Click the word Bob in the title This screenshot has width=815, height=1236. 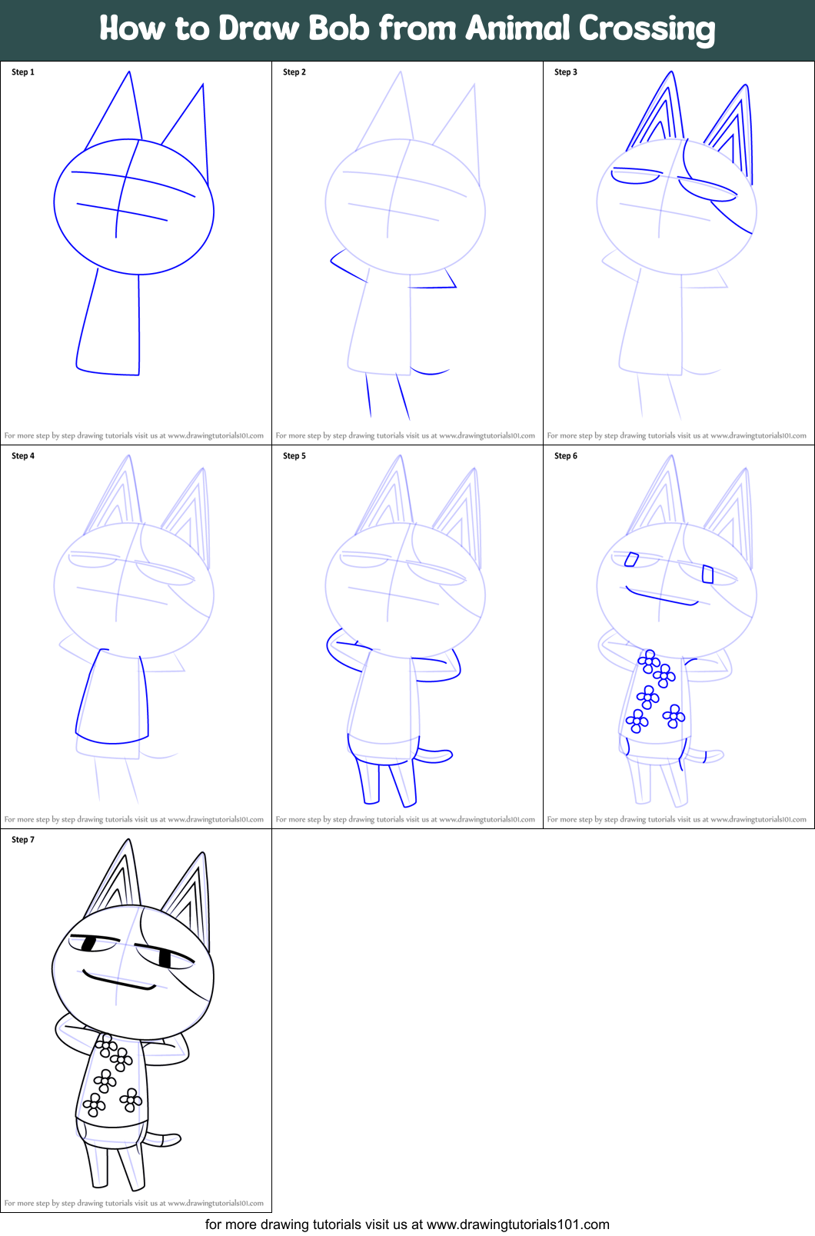(x=339, y=28)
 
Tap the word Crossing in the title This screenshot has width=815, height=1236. (x=647, y=30)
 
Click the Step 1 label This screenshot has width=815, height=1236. (x=23, y=72)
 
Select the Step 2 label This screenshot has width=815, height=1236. (x=294, y=72)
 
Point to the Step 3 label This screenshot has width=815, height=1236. (x=566, y=72)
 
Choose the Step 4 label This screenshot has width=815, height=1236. (x=23, y=456)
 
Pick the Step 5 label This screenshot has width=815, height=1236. (x=294, y=456)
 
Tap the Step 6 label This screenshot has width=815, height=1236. (x=566, y=456)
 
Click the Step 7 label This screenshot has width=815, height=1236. (x=23, y=840)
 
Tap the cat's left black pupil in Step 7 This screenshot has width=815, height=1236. (x=88, y=942)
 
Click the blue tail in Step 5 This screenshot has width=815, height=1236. (x=436, y=756)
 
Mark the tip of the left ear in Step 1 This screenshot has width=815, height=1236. (x=129, y=72)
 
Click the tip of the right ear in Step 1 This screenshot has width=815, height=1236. (x=203, y=85)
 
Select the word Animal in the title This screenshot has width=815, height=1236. (x=517, y=28)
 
